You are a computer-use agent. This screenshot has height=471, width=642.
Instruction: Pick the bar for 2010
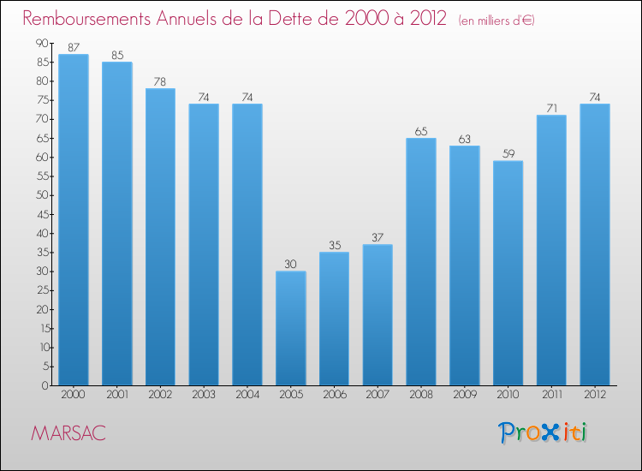pyautogui.click(x=508, y=273)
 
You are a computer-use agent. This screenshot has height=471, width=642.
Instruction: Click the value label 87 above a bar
pyautogui.click(x=74, y=48)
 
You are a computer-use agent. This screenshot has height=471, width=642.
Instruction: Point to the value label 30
pyautogui.click(x=291, y=265)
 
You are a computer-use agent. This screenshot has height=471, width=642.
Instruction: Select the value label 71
pyautogui.click(x=551, y=109)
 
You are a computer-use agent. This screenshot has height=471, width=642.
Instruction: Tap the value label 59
pyautogui.click(x=508, y=154)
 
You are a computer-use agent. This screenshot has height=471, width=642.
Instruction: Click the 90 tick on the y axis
pyautogui.click(x=42, y=44)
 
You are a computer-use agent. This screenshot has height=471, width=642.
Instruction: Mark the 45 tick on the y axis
pyautogui.click(x=42, y=214)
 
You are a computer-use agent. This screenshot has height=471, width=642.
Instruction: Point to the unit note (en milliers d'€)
pyautogui.click(x=496, y=21)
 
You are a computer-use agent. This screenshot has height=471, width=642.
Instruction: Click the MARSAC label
pyautogui.click(x=68, y=433)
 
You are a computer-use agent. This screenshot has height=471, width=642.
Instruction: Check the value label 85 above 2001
pyautogui.click(x=117, y=56)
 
